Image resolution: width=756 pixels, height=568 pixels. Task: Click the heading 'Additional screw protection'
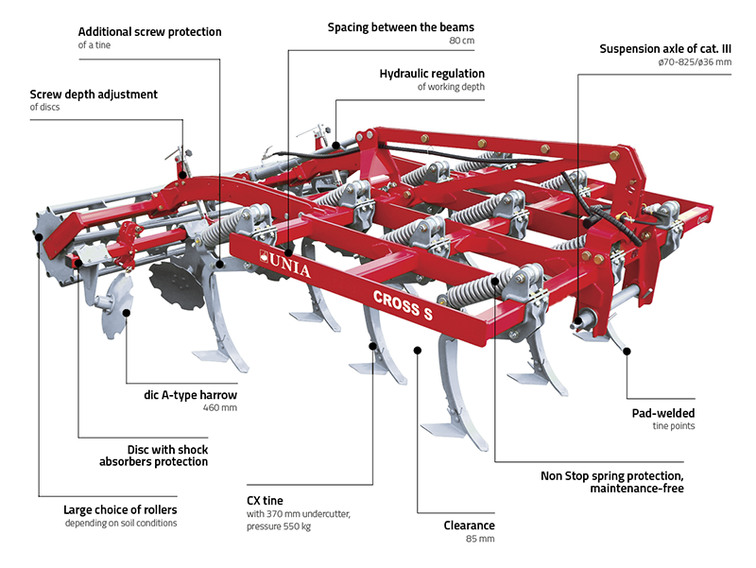[x=149, y=32]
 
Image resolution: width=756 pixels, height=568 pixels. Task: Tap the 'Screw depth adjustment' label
[x=94, y=95]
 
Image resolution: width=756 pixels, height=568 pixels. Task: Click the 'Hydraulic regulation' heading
[x=432, y=73]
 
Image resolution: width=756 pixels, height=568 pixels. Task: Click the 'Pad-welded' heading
[x=663, y=413]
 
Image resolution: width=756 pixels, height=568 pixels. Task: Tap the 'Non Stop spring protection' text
[x=613, y=475]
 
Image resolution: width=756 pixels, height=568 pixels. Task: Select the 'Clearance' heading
[x=470, y=525]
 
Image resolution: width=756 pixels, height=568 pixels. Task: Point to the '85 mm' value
[x=481, y=540]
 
